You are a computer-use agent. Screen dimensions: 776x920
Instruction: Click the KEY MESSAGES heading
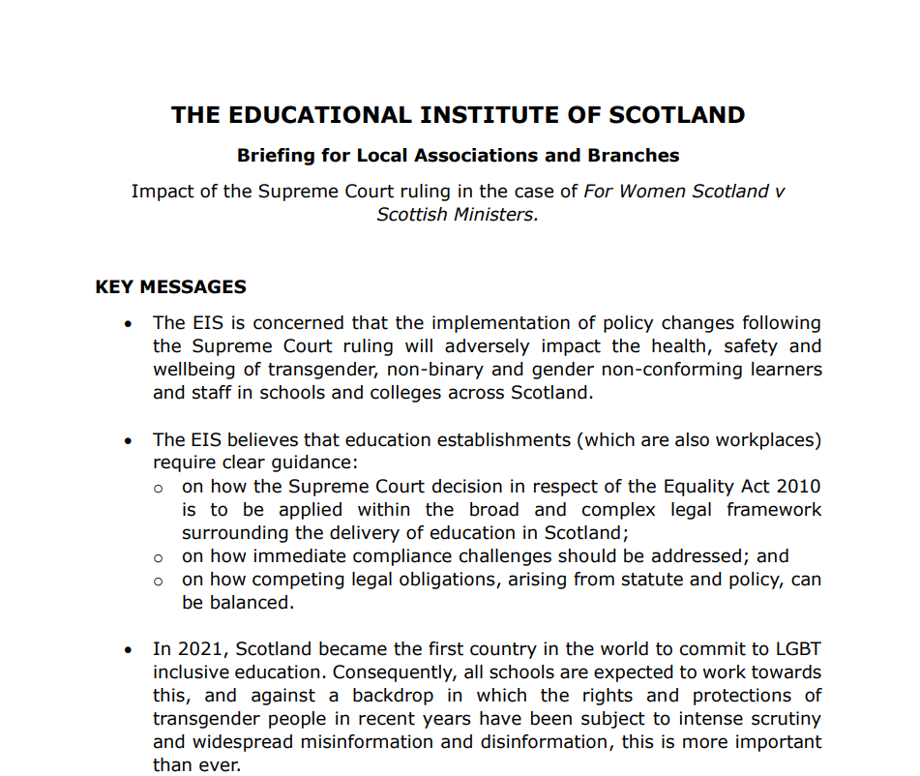[170, 287]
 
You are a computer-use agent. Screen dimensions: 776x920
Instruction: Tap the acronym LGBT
[797, 648]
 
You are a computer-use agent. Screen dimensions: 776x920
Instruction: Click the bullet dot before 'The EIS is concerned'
[129, 323]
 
